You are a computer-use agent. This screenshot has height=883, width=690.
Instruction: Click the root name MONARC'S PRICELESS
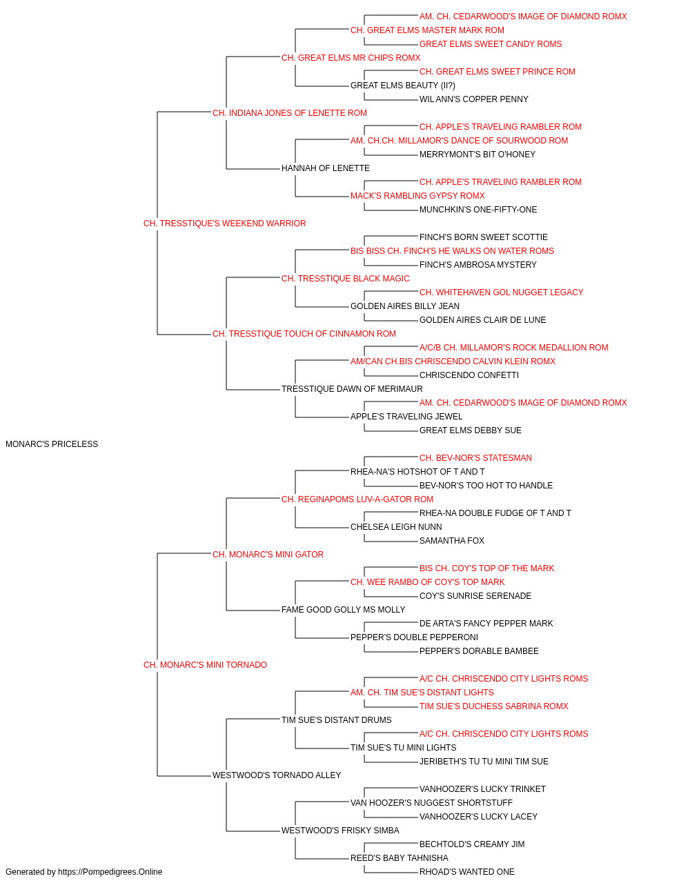pyautogui.click(x=52, y=444)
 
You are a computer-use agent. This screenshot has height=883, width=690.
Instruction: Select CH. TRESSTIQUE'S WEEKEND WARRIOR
pyautogui.click(x=225, y=224)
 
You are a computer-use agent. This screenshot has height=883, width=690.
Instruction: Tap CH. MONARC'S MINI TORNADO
pyautogui.click(x=205, y=665)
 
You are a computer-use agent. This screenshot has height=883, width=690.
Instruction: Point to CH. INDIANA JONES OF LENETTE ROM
pyautogui.click(x=290, y=113)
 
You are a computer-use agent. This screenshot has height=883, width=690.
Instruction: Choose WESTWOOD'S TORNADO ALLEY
pyautogui.click(x=277, y=775)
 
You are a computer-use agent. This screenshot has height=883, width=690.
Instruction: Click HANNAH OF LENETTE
pyautogui.click(x=326, y=168)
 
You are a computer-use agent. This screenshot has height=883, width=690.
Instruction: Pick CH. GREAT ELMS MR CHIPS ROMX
pyautogui.click(x=351, y=58)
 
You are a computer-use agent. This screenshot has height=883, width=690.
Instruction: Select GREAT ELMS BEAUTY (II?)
pyautogui.click(x=403, y=86)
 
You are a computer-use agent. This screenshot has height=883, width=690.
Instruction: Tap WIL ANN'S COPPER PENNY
pyautogui.click(x=474, y=99)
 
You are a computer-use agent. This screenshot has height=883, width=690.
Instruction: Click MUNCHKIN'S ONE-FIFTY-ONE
pyautogui.click(x=478, y=210)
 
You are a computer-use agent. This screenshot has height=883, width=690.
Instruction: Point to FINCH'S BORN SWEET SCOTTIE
pyautogui.click(x=484, y=237)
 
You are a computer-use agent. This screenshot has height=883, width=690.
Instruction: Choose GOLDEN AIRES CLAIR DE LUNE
pyautogui.click(x=483, y=320)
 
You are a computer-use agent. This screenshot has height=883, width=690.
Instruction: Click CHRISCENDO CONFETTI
pyautogui.click(x=469, y=375)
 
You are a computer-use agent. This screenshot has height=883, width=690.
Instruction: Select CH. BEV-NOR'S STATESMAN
pyautogui.click(x=475, y=458)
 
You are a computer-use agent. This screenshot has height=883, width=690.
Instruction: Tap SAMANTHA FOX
pyautogui.click(x=452, y=541)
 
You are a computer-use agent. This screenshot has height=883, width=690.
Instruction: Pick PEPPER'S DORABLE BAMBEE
pyautogui.click(x=479, y=651)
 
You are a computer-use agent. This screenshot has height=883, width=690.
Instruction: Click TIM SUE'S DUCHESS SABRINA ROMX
pyautogui.click(x=494, y=706)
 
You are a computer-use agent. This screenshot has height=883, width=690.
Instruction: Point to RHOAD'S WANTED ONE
pyautogui.click(x=467, y=872)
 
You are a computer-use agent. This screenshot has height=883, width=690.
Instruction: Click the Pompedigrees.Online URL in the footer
pyautogui.click(x=110, y=872)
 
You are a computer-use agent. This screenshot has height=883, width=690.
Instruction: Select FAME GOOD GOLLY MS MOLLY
pyautogui.click(x=344, y=610)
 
